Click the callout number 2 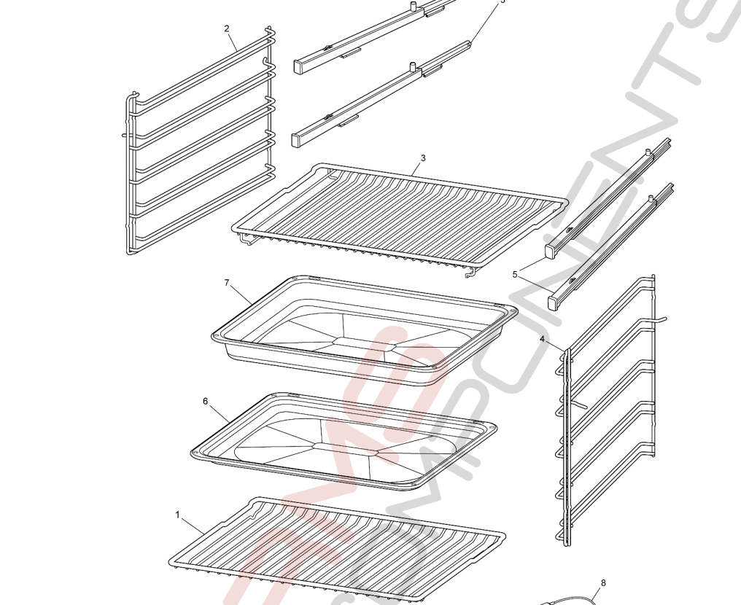pyautogui.click(x=227, y=28)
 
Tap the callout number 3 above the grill pyautogui.click(x=423, y=157)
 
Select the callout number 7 pyautogui.click(x=227, y=282)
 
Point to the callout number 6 pyautogui.click(x=206, y=401)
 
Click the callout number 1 pyautogui.click(x=177, y=515)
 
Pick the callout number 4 pyautogui.click(x=542, y=339)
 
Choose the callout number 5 pyautogui.click(x=515, y=274)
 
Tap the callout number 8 pyautogui.click(x=603, y=582)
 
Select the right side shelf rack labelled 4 pyautogui.click(x=605, y=408)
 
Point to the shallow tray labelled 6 pyautogui.click(x=343, y=441)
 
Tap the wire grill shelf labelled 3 pyautogui.click(x=401, y=215)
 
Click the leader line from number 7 pyautogui.click(x=241, y=294)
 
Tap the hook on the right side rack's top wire pyautogui.click(x=660, y=318)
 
